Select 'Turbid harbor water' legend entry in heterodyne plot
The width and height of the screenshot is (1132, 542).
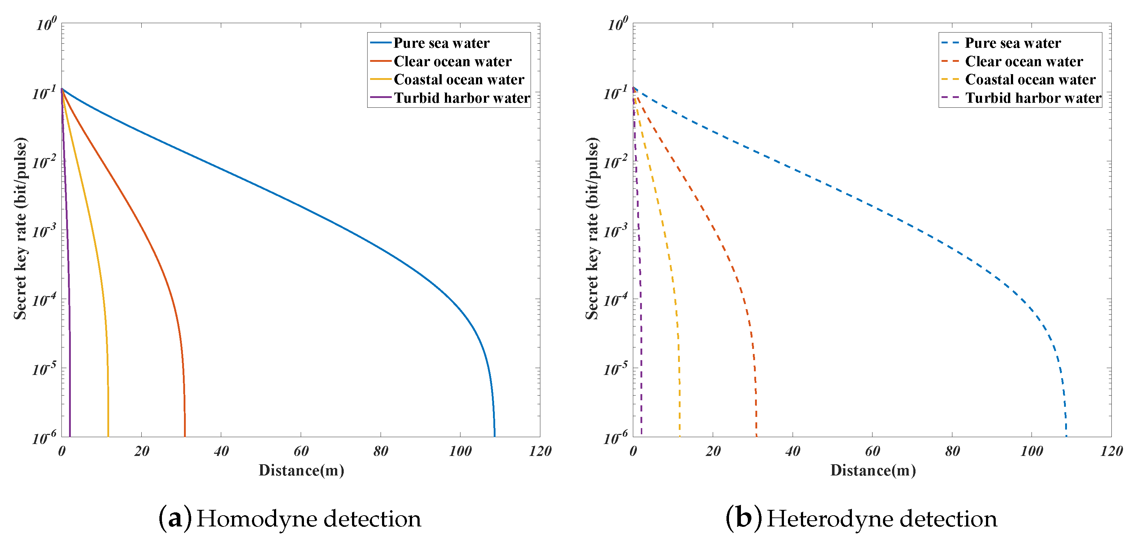click(x=1033, y=98)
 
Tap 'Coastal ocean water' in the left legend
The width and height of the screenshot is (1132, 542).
click(x=458, y=80)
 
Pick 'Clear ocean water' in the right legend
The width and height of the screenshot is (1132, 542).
click(x=1024, y=61)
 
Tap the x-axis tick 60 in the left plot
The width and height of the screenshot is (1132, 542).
click(x=301, y=451)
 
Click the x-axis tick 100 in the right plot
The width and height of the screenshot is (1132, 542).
click(x=1032, y=451)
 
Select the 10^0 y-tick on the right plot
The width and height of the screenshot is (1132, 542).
click(x=617, y=24)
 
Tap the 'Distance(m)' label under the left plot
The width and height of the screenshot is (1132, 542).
click(x=301, y=470)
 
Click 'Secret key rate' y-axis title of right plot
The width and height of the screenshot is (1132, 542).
click(x=592, y=229)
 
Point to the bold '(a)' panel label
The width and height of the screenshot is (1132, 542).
click(x=175, y=519)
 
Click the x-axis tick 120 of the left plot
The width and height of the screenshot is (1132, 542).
click(x=540, y=451)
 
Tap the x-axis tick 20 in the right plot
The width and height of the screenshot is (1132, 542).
click(x=713, y=451)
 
